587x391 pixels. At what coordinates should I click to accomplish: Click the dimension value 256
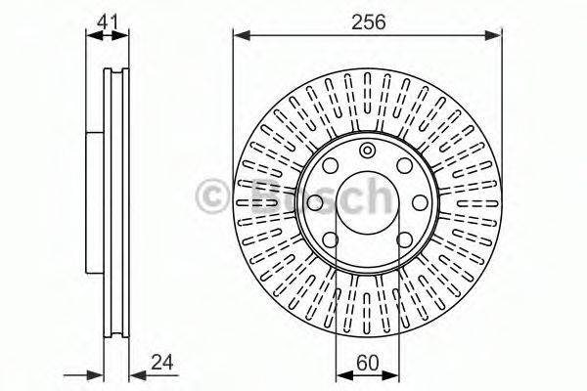369,22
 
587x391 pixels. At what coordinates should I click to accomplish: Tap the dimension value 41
108,22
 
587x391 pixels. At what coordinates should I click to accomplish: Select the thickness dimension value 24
162,363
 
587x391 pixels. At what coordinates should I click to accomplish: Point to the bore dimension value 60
368,363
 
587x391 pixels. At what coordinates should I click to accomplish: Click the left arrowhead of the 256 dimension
242,36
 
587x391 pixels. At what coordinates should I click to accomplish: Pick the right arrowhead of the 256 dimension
492,36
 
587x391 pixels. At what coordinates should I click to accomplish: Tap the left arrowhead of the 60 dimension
344,375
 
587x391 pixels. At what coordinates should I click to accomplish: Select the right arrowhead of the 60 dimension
390,375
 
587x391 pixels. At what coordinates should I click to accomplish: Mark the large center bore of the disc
367,202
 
